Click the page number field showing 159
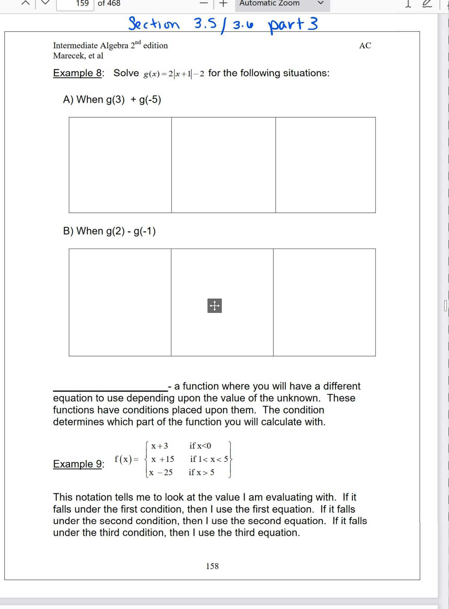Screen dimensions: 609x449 [x=75, y=4]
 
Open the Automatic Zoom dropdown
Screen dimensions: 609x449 [x=282, y=4]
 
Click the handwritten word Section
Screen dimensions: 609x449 [x=154, y=24]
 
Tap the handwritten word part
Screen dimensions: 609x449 [x=286, y=25]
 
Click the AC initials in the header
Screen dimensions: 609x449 [x=365, y=46]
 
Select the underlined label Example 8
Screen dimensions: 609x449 [x=78, y=73]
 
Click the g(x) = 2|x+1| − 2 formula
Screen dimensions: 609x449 [x=174, y=74]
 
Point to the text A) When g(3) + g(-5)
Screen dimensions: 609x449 [x=112, y=99]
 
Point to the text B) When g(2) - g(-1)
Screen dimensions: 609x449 [x=109, y=231]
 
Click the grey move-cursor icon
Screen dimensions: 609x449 [x=214, y=305]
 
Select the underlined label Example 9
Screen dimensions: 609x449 [x=78, y=464]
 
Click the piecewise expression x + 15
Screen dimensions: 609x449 [x=163, y=459]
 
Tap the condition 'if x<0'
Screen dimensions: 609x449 [x=200, y=446]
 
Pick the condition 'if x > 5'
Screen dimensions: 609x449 [x=201, y=472]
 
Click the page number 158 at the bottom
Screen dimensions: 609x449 [x=212, y=566]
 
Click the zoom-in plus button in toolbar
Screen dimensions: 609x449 [x=223, y=4]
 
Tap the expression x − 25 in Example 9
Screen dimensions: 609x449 [x=161, y=472]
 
